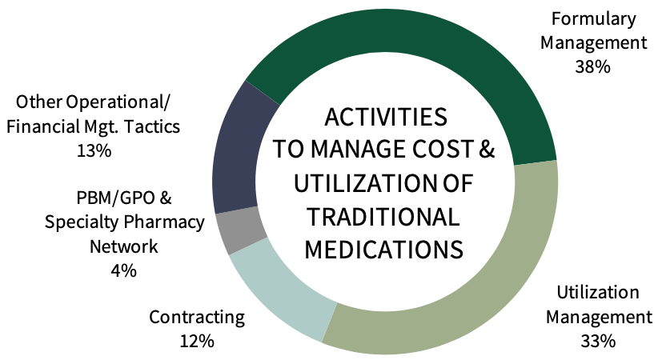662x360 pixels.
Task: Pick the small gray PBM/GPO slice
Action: pyautogui.click(x=240, y=230)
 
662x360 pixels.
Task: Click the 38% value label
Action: pyautogui.click(x=593, y=66)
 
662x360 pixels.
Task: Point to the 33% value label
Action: pyautogui.click(x=598, y=341)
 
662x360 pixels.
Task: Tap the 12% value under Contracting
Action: pyautogui.click(x=197, y=341)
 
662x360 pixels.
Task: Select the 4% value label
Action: pyautogui.click(x=124, y=270)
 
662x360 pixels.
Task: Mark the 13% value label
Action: pyautogui.click(x=94, y=150)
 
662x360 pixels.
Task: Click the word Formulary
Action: pyautogui.click(x=594, y=19)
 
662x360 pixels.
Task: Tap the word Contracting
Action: pyautogui.click(x=197, y=318)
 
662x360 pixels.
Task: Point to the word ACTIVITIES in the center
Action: pyautogui.click(x=386, y=117)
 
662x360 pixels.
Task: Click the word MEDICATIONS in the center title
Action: pyautogui.click(x=383, y=249)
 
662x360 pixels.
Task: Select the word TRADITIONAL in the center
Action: pyautogui.click(x=383, y=216)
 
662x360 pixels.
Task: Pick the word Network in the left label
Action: pyautogui.click(x=124, y=246)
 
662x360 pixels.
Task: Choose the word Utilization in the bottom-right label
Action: pyautogui.click(x=598, y=293)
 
